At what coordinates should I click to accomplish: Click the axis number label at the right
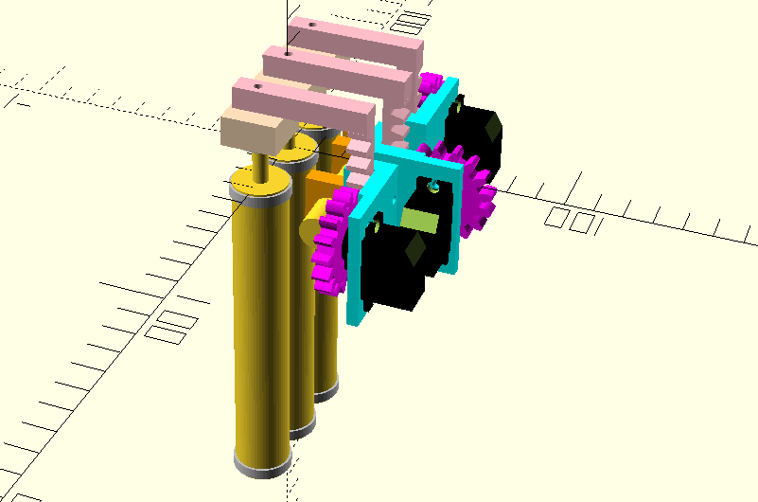click(x=573, y=222)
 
